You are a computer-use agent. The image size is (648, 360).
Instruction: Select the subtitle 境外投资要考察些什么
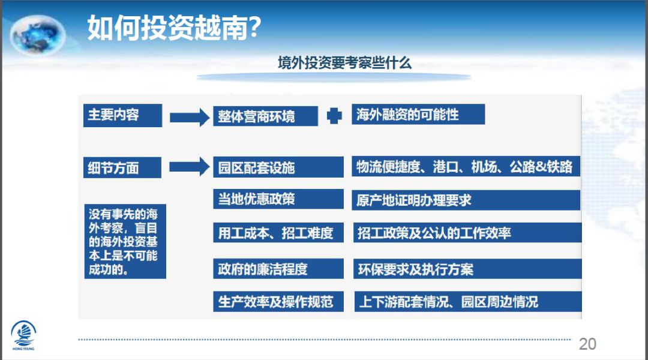point(344,64)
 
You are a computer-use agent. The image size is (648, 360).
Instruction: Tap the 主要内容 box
point(122,115)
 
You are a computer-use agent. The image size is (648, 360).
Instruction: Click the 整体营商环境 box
point(265,116)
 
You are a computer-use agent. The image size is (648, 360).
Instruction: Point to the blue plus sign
point(334,116)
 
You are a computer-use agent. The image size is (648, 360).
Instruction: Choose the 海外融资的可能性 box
point(418,115)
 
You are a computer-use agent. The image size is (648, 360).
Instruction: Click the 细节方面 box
point(122,168)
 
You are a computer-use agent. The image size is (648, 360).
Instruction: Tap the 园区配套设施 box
point(278,167)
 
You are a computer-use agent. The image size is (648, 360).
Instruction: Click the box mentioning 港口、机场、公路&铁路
point(466,167)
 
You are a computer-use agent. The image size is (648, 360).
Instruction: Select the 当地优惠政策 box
point(278,199)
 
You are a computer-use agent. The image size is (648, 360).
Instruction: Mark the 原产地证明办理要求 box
point(466,200)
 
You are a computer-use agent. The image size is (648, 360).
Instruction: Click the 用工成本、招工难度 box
point(278,233)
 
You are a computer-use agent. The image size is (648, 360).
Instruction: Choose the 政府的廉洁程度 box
point(278,269)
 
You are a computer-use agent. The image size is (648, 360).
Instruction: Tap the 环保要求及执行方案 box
point(466,269)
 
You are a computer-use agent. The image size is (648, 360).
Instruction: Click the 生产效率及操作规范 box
point(278,301)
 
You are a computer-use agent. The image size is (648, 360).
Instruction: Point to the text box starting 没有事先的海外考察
point(124,241)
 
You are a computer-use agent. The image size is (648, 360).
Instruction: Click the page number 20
point(587,344)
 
